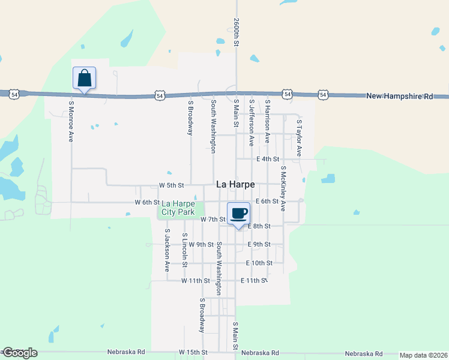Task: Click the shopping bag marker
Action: point(84,79)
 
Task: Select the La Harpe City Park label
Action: point(178,208)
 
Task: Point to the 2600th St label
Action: point(237,32)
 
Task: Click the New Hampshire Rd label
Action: point(400,96)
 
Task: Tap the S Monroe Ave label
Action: point(71,121)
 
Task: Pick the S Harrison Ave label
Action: point(268,121)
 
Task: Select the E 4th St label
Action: point(268,159)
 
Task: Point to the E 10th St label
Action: point(259,263)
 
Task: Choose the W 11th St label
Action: point(196,281)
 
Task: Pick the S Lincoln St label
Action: point(185,250)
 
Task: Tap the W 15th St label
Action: point(193,352)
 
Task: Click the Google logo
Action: point(19,353)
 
